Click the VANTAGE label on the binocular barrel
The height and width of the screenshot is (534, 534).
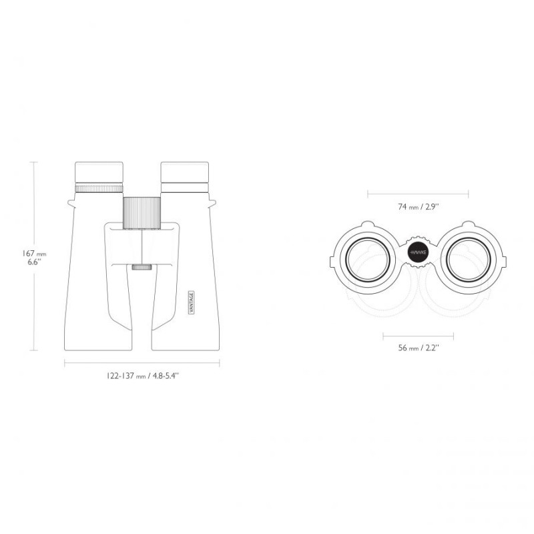(191, 302)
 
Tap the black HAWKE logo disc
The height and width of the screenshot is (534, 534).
(419, 253)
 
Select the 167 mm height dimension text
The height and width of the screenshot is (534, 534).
(34, 254)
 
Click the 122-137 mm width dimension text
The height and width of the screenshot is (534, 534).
(142, 376)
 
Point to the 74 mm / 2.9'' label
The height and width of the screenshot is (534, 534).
(419, 206)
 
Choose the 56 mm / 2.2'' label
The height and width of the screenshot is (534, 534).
(419, 348)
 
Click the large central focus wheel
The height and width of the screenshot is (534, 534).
(142, 213)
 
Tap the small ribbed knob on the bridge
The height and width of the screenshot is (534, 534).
(142, 267)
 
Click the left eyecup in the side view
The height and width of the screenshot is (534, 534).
(99, 173)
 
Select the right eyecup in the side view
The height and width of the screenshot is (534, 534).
(184, 172)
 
